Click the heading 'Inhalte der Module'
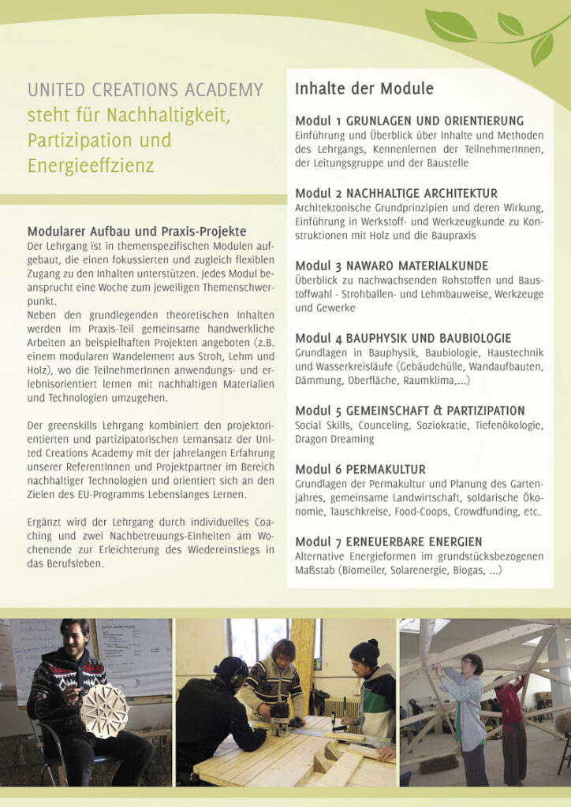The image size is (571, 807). (364, 89)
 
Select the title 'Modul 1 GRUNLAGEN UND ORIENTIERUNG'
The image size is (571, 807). (409, 121)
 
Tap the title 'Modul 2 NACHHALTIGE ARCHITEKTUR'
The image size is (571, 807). (396, 193)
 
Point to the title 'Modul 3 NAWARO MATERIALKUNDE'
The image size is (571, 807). (391, 266)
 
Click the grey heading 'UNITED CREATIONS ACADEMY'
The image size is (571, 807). (145, 90)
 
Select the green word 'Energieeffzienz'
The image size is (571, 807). (91, 166)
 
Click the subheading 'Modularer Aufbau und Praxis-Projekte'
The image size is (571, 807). (137, 232)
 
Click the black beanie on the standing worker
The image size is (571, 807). (364, 651)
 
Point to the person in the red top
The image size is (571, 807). (510, 702)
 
